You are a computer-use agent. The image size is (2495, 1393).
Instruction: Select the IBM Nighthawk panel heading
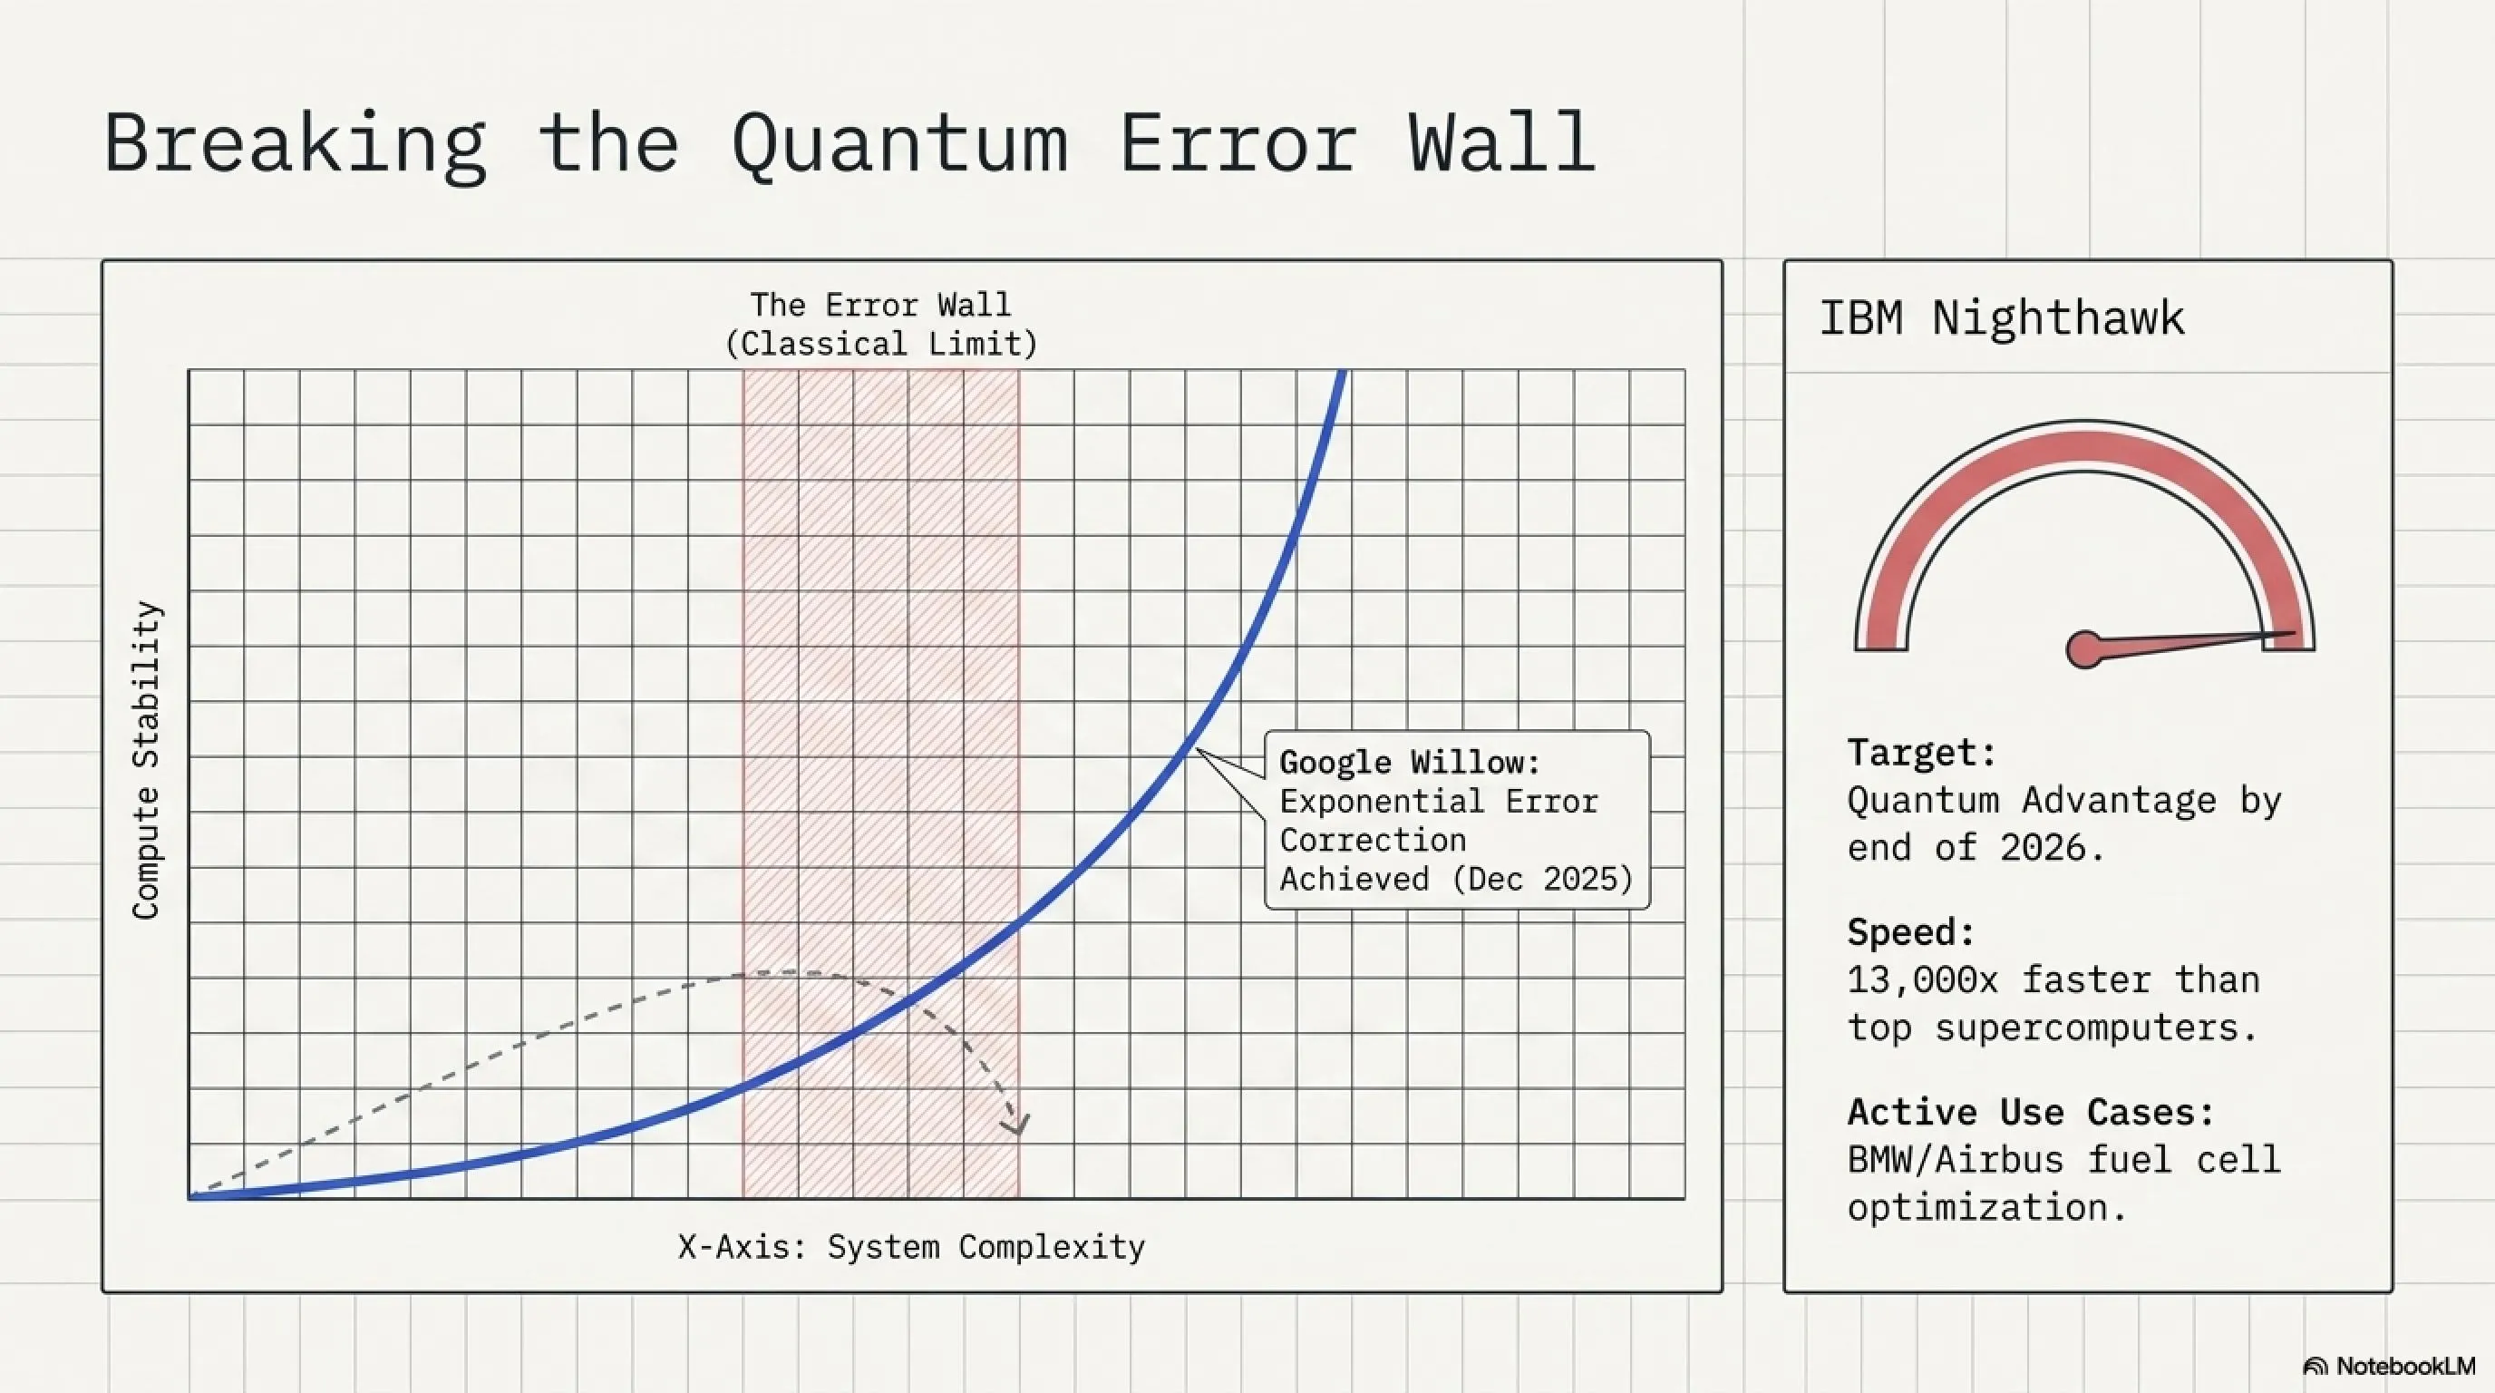[x=2002, y=318]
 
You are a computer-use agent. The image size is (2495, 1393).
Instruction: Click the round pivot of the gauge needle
[x=2084, y=649]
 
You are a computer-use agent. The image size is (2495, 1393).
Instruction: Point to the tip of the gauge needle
[x=2296, y=634]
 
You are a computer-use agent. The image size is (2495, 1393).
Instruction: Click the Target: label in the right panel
[x=1922, y=752]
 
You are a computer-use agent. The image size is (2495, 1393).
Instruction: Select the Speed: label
[x=1911, y=933]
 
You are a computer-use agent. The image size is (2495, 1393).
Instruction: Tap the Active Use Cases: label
[x=2031, y=1112]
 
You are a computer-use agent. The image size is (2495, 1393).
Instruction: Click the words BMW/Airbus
[x=1956, y=1160]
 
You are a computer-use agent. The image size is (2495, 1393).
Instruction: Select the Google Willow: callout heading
[x=1410, y=763]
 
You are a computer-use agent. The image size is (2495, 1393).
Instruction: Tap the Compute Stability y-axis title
[x=145, y=760]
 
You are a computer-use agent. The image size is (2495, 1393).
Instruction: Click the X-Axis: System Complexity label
[x=911, y=1247]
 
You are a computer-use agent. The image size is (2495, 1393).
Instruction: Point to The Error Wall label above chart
[x=880, y=305]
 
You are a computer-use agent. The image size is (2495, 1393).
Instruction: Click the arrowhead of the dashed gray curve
[x=1016, y=1124]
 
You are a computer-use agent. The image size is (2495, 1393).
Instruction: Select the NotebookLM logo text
[x=2406, y=1366]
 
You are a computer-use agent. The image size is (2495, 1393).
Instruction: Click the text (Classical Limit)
[x=881, y=344]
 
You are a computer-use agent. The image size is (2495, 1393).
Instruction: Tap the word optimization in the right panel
[x=1986, y=1208]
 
